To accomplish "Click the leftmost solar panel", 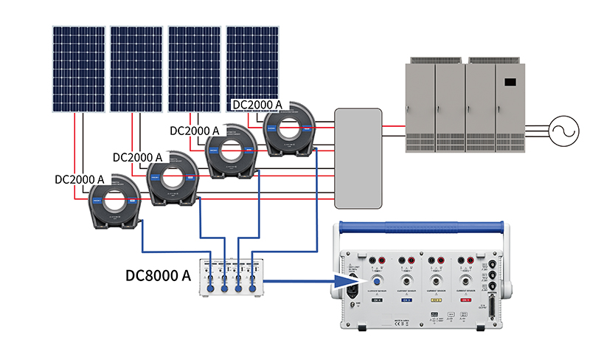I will [x=78, y=69].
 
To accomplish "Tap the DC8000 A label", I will [x=159, y=277].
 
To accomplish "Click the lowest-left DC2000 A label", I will [x=80, y=179].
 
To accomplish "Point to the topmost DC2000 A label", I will [x=257, y=105].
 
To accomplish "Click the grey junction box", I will [x=358, y=158].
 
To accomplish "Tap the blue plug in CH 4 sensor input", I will [x=377, y=281].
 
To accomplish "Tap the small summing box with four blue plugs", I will [x=232, y=278].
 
